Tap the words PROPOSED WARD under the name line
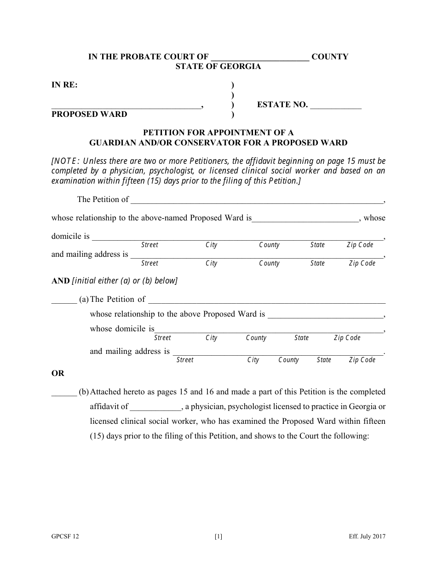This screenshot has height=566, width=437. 89,114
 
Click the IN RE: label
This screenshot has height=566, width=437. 64,85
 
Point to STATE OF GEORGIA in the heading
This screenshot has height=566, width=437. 218,66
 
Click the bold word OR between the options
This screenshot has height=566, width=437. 58,373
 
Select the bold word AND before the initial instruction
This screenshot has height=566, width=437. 60,281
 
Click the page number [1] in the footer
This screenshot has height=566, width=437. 218,536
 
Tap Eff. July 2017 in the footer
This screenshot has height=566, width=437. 367,536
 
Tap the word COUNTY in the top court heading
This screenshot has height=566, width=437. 330,57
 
